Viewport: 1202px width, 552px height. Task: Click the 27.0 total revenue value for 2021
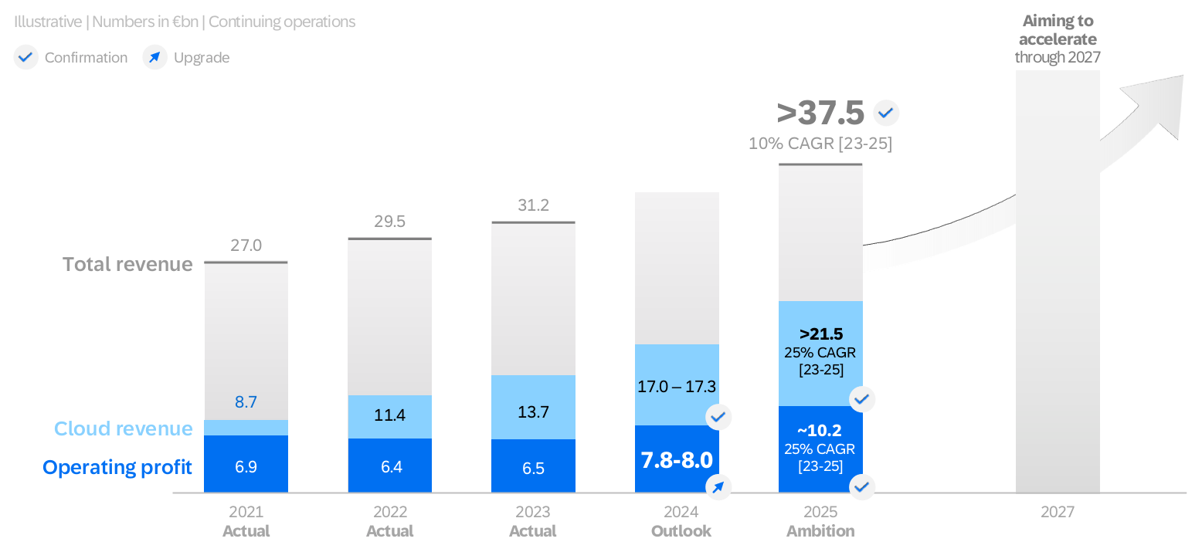pos(246,246)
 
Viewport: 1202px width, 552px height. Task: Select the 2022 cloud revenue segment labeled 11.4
pos(389,416)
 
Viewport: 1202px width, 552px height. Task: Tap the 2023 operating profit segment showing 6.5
pos(533,468)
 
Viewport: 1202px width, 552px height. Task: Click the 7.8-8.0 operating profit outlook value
pos(677,460)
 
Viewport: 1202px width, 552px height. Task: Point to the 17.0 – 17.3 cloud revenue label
pos(677,384)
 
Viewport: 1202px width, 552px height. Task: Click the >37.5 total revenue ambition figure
pos(820,113)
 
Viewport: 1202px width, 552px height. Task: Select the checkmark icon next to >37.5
pos(886,113)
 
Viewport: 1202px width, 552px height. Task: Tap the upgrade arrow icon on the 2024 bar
pos(718,486)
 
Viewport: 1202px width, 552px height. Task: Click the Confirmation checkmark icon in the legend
pos(26,57)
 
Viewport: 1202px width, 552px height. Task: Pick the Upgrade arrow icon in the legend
pos(155,57)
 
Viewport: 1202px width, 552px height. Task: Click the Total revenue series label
pos(127,265)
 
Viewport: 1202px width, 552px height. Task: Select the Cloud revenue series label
pos(124,429)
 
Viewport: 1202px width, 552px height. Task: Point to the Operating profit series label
pos(117,467)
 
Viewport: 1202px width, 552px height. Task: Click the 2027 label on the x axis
pos(1057,512)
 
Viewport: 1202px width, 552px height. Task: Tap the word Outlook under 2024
pos(681,531)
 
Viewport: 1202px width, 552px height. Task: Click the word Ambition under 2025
pos(820,531)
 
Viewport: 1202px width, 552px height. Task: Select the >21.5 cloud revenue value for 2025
pos(820,335)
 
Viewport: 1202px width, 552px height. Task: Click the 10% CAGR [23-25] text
pos(820,144)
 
